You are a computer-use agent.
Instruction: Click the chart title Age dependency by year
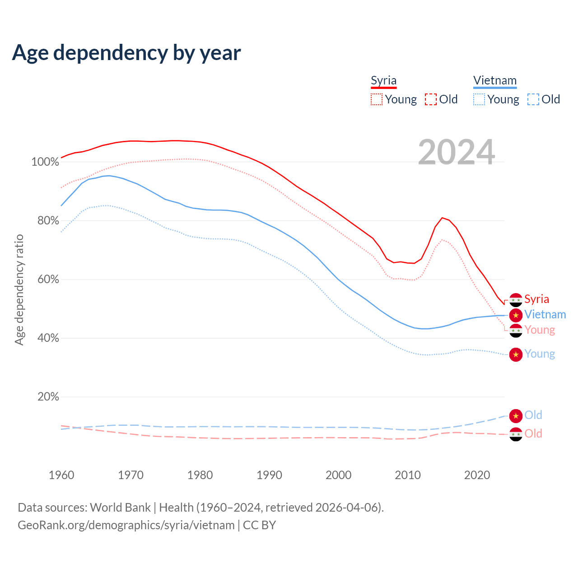click(126, 53)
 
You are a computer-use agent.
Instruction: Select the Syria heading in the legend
click(383, 81)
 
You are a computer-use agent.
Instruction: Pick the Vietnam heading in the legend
click(494, 81)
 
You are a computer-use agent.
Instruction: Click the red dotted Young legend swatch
click(377, 99)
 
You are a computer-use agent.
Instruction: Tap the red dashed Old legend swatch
click(431, 99)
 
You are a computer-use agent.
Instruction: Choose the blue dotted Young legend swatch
click(479, 99)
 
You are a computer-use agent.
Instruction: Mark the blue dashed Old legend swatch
click(533, 99)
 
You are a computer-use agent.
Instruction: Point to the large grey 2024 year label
click(456, 152)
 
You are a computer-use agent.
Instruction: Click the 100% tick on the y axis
click(45, 162)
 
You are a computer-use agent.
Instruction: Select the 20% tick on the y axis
click(48, 396)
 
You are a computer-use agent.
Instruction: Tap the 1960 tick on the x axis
click(61, 475)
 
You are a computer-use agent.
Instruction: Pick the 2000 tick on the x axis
click(339, 475)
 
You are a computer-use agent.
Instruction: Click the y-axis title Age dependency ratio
click(19, 289)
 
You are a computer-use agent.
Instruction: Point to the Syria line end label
click(536, 299)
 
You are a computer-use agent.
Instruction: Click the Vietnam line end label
click(545, 315)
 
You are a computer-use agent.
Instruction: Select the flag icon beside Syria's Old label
click(516, 434)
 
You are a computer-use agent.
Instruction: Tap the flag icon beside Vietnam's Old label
click(516, 415)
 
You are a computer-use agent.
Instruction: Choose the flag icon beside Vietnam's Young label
click(516, 354)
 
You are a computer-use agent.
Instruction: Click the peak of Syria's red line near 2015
click(443, 218)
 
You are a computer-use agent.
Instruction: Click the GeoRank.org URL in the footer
click(126, 525)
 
